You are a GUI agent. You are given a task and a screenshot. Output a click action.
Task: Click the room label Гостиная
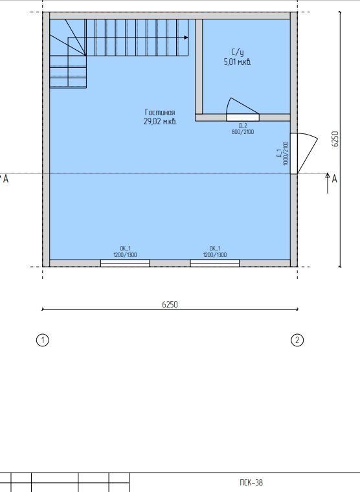click(160, 112)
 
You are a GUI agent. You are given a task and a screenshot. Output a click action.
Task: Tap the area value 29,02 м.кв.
click(160, 122)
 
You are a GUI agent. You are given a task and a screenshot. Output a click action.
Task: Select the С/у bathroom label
click(238, 52)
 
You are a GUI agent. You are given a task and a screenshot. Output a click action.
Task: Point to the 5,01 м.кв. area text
click(238, 61)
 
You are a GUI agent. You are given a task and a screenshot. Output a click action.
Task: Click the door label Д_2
click(243, 126)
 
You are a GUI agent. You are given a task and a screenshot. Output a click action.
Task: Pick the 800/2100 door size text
click(243, 132)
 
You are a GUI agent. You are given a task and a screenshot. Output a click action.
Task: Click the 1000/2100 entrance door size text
click(286, 153)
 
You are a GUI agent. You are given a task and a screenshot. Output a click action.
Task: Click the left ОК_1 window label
click(125, 249)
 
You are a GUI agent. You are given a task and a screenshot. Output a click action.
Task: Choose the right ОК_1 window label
click(215, 249)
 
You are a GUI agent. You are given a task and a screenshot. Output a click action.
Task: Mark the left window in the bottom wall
click(125, 263)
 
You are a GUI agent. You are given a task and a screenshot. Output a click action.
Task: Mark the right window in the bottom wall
click(215, 263)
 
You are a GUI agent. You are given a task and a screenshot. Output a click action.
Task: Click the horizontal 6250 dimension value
click(170, 304)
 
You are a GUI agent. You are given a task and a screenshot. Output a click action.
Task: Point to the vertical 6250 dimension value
click(335, 139)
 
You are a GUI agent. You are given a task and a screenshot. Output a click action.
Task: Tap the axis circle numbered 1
click(43, 340)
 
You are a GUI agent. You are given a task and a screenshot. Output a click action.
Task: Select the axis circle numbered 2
click(297, 340)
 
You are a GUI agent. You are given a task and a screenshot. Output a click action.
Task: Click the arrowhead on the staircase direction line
click(186, 38)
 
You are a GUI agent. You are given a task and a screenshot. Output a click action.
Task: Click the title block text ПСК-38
click(251, 482)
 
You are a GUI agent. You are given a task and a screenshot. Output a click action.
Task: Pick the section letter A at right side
click(335, 179)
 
